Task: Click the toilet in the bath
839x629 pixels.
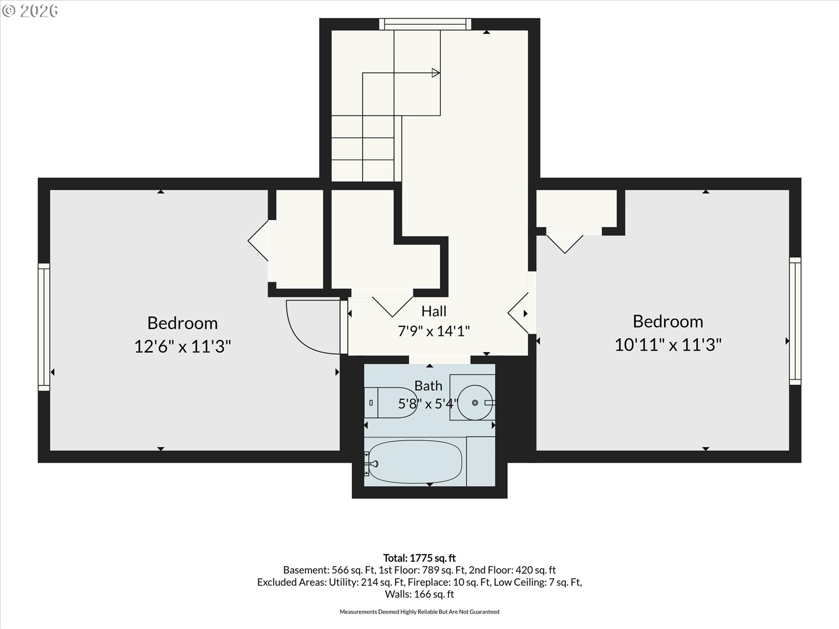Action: tap(390, 402)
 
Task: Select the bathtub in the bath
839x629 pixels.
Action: tap(413, 461)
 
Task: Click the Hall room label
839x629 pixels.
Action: tap(434, 311)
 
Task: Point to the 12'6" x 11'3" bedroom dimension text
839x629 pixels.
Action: tap(182, 346)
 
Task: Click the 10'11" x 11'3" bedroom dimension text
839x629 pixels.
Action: tap(668, 345)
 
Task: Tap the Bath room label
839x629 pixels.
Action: tap(428, 386)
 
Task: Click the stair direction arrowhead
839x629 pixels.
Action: tap(436, 73)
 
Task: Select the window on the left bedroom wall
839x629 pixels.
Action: tap(44, 327)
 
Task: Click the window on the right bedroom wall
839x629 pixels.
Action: tap(795, 321)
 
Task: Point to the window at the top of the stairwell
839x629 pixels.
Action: tap(425, 24)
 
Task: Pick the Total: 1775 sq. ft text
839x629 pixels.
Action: tap(419, 558)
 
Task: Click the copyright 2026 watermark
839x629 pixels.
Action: tap(30, 11)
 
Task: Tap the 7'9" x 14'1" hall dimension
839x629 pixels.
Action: tap(434, 331)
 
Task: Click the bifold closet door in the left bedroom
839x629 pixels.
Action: tap(258, 241)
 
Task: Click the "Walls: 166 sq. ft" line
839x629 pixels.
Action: tap(419, 594)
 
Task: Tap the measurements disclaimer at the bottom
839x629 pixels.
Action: tap(419, 612)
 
